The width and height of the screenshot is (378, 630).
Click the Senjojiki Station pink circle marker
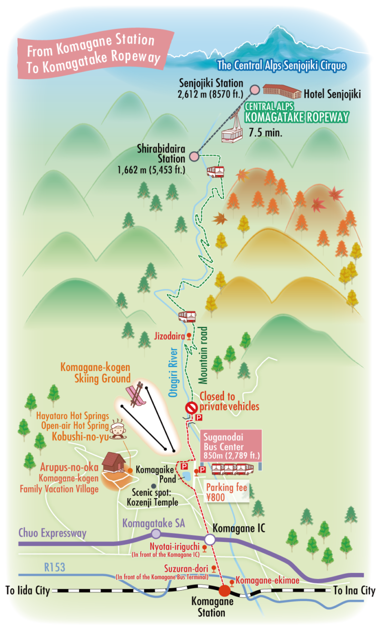[x=254, y=89]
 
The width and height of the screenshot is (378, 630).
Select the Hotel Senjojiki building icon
[x=282, y=91]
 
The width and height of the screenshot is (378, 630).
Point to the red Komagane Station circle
[x=224, y=590]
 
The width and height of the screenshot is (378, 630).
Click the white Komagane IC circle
[x=210, y=539]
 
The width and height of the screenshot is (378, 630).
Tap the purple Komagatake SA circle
[x=156, y=534]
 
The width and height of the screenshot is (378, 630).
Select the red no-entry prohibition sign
[x=191, y=408]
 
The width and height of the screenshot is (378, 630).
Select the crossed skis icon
[x=136, y=394]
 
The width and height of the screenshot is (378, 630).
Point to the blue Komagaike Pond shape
[x=187, y=476]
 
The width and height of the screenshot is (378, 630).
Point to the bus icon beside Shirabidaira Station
[x=216, y=171]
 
